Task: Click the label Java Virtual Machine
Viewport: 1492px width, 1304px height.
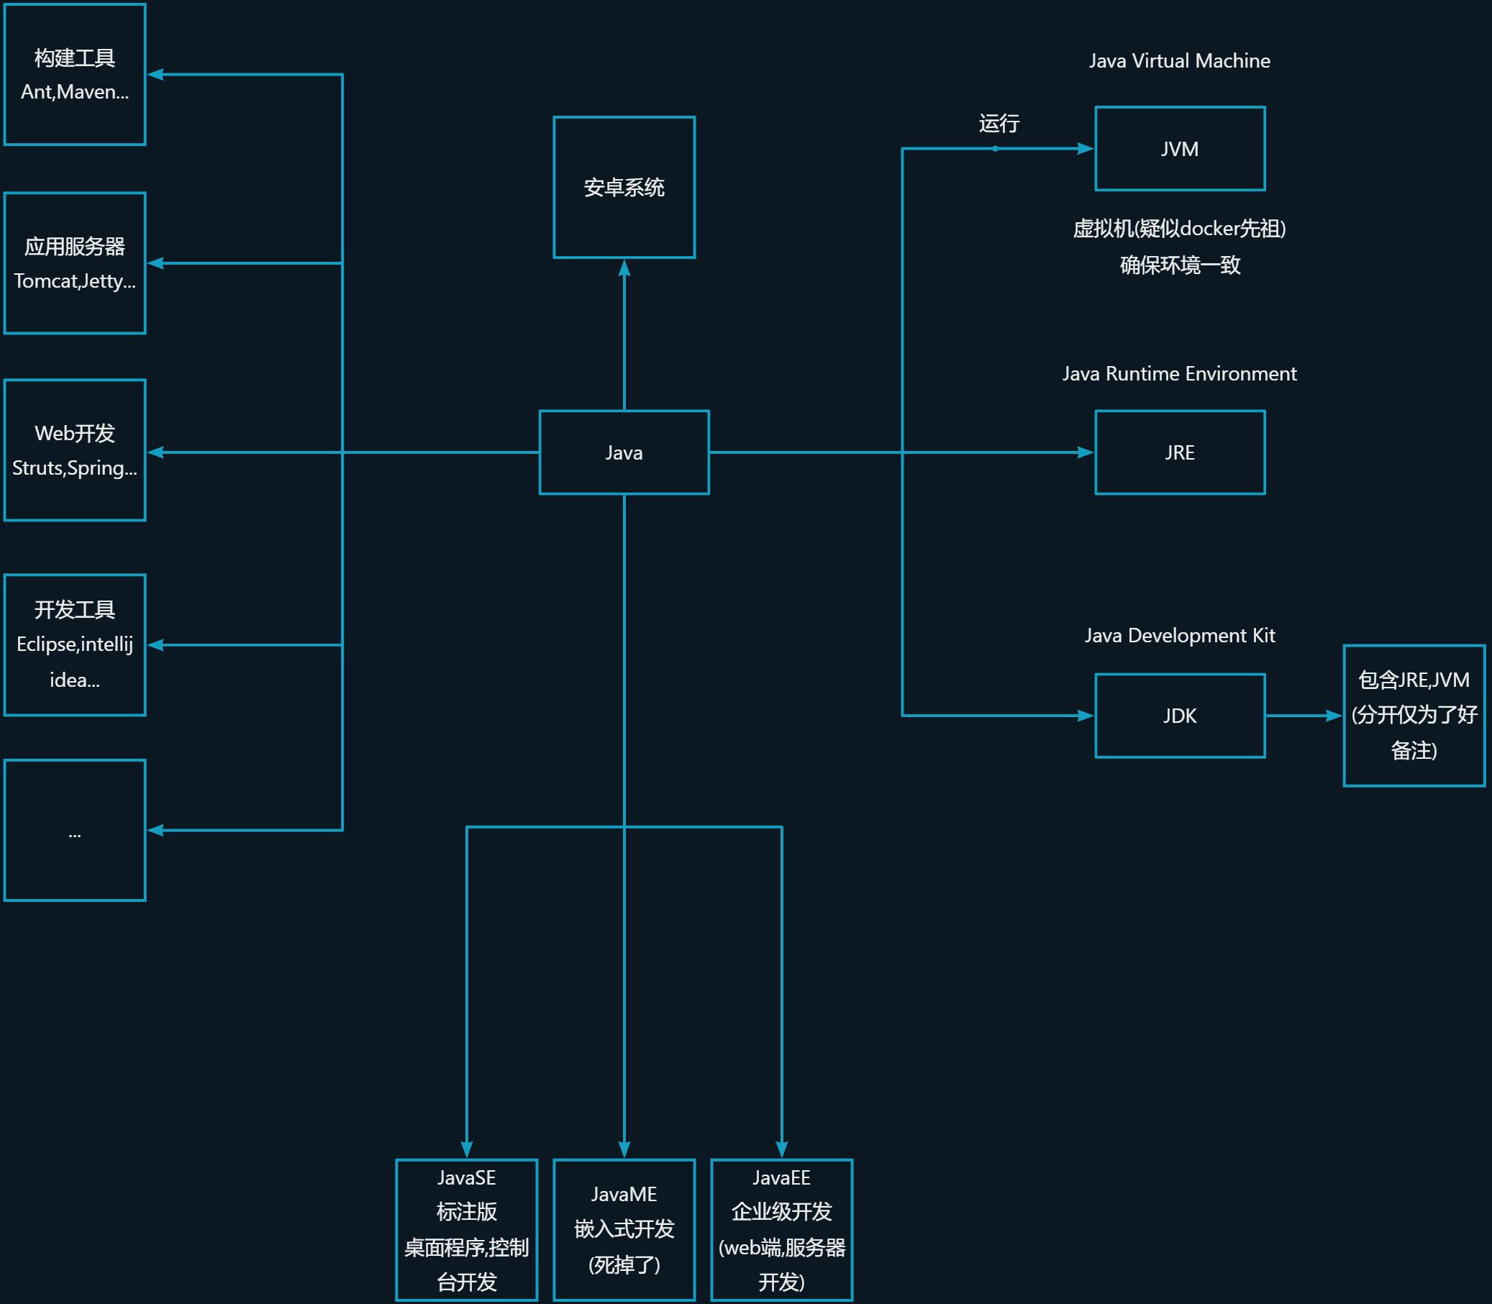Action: [x=1180, y=60]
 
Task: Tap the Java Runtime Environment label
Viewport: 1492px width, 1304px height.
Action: [x=1180, y=373]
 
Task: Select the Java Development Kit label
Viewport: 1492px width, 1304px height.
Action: [x=1180, y=635]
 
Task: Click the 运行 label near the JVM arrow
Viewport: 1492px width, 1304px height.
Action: [x=999, y=123]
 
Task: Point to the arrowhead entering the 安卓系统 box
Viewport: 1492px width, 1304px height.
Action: [x=624, y=267]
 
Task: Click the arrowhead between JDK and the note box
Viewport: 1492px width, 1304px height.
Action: [x=1334, y=716]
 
